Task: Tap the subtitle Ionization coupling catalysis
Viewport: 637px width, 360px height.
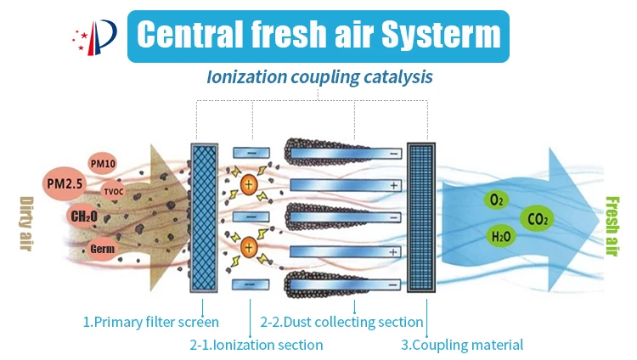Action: (x=319, y=76)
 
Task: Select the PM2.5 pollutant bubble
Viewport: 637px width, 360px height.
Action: (x=66, y=182)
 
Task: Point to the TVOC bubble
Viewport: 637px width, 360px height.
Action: (x=113, y=193)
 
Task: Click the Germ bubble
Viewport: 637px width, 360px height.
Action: (x=101, y=249)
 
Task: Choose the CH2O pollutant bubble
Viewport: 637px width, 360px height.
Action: (x=83, y=217)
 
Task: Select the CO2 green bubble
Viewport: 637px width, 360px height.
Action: (x=537, y=219)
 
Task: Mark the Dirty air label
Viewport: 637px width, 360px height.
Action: (x=25, y=224)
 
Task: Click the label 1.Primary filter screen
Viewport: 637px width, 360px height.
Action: (x=150, y=322)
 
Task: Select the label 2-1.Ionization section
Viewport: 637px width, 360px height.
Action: (x=256, y=345)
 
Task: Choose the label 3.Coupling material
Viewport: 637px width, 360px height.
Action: (x=462, y=345)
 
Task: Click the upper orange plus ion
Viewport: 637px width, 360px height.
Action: (x=248, y=184)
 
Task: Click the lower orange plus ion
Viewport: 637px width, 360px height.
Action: (x=248, y=248)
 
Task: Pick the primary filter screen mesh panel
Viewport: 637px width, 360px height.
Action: (x=205, y=217)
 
